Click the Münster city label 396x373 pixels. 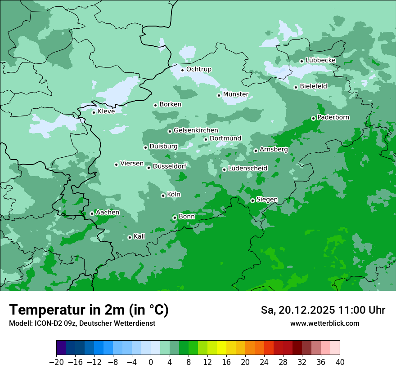tap(236, 94)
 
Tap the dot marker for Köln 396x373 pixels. tap(163, 195)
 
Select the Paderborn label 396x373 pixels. tap(333, 117)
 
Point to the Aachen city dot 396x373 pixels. tap(92, 213)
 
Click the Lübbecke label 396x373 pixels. tap(321, 60)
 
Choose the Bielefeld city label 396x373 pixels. tap(313, 86)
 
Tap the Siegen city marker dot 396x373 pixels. tap(252, 200)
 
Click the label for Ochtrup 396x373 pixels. tap(199, 69)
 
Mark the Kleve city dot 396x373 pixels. tap(94, 112)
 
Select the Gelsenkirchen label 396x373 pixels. tap(196, 130)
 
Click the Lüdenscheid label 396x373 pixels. tap(247, 169)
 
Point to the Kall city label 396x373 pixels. tap(139, 236)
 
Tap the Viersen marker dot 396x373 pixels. tap(116, 164)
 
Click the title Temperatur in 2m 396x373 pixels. tap(89, 310)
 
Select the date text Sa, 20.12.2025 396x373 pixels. tap(298, 310)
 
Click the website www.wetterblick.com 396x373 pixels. tap(324, 323)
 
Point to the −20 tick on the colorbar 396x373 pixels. tap(57, 362)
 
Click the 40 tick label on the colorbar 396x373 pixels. tap(339, 362)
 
